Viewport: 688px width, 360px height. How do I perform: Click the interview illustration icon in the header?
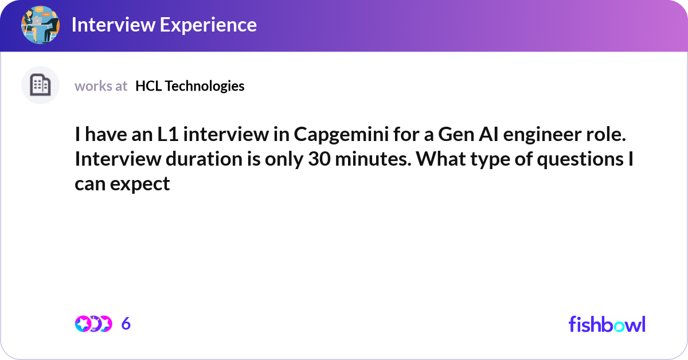[40, 25]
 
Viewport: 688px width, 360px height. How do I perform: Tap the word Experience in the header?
[208, 25]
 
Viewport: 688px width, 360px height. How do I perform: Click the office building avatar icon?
[40, 85]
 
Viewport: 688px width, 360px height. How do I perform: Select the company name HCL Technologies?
[190, 86]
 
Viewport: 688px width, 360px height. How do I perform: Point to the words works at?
[101, 86]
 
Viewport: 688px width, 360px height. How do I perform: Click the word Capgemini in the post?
[341, 135]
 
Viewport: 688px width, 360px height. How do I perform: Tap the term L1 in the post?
[168, 134]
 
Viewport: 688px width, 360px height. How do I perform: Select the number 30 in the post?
[319, 159]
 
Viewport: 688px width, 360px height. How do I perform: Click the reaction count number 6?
[126, 324]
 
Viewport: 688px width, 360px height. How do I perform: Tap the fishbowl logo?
[607, 324]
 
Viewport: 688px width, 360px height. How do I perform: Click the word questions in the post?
[580, 160]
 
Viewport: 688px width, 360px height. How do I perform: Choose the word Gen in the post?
[456, 135]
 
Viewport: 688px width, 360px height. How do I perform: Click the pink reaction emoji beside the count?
[83, 324]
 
